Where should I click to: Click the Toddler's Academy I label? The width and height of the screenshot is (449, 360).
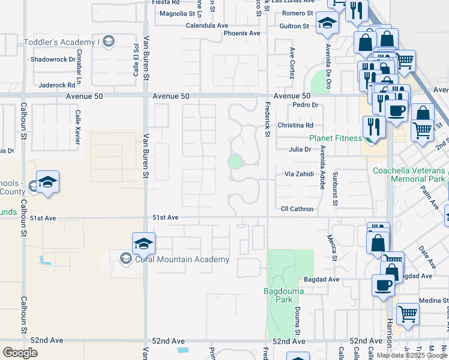(60, 42)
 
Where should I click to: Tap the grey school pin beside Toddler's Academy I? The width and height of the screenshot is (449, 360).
(108, 41)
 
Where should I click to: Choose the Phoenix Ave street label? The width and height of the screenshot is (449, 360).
(242, 33)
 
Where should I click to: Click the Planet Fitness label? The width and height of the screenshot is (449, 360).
(336, 137)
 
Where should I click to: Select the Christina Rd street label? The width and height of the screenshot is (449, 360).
(295, 125)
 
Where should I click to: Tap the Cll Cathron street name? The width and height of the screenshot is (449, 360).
(297, 209)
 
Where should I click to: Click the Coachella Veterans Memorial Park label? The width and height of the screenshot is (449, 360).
(409, 175)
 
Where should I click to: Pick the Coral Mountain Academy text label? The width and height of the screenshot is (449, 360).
(181, 259)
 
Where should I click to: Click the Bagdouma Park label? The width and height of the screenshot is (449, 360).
(285, 295)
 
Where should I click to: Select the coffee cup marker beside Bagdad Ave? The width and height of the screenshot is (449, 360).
(383, 285)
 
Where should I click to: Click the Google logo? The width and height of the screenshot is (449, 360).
(20, 353)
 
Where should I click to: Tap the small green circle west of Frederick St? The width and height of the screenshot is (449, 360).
(235, 162)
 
